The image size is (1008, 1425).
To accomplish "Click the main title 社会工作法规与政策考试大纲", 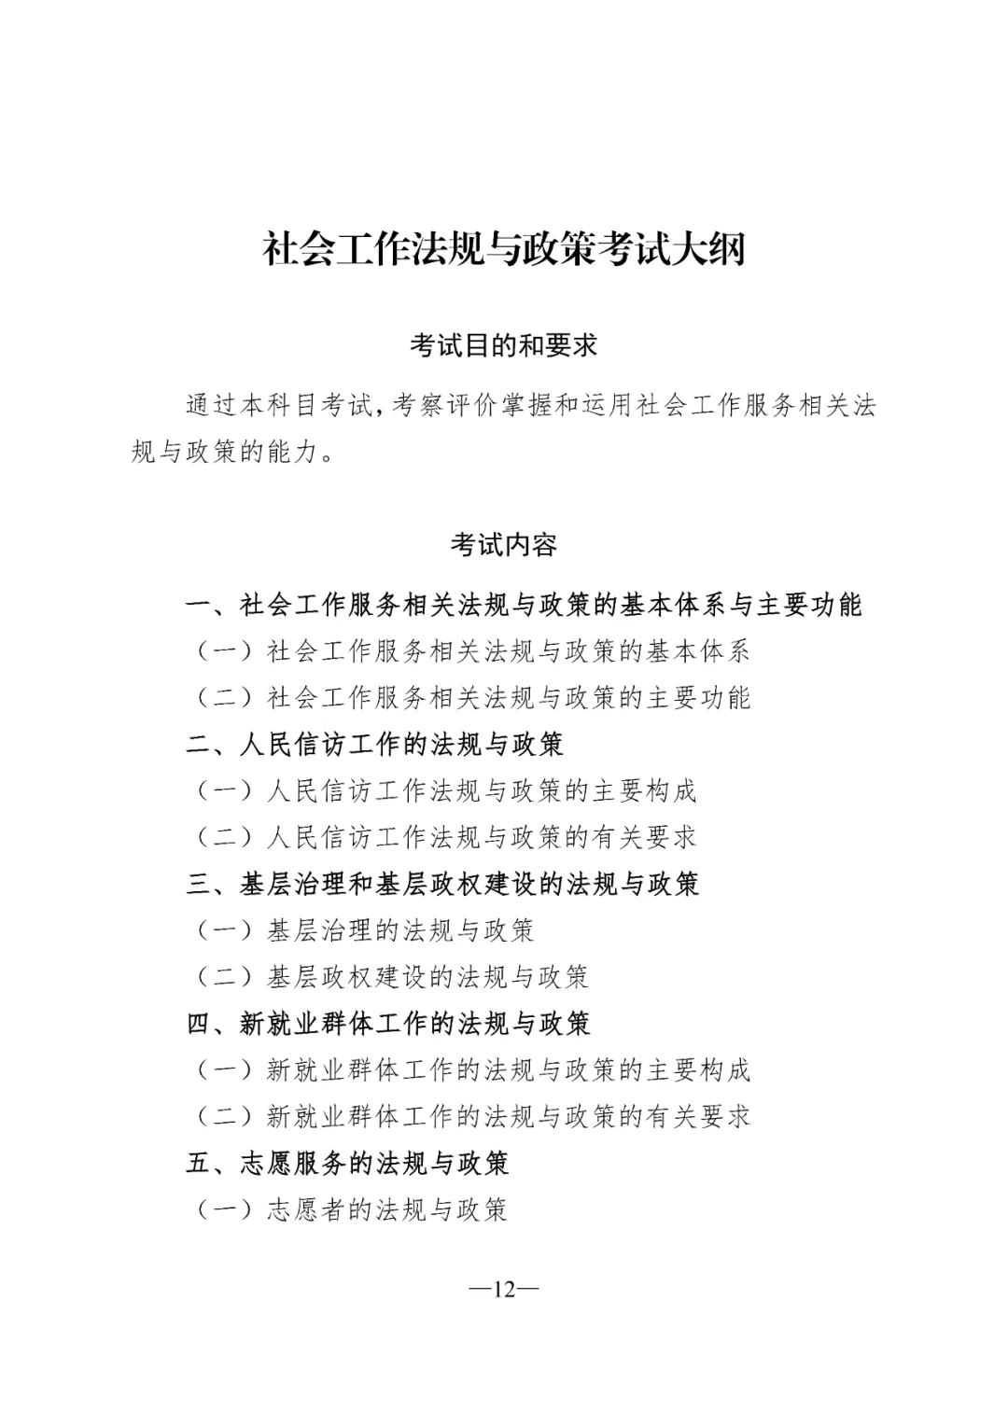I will click(x=503, y=250).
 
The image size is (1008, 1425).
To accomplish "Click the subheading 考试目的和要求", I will click(x=503, y=346).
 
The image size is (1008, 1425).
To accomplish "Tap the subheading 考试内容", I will click(x=503, y=545).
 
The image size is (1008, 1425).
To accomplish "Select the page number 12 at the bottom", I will click(x=504, y=1290).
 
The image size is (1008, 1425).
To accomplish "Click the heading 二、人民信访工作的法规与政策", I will click(x=375, y=745).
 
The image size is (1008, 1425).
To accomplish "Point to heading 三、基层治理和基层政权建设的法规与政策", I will click(x=442, y=884).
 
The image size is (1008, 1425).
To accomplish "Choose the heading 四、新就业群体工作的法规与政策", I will click(x=388, y=1024).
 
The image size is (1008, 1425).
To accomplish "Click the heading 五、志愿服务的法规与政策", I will click(x=348, y=1164).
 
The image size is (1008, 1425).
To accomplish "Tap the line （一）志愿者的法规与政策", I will click(x=351, y=1210).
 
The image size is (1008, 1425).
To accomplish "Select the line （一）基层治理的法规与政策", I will click(x=364, y=930).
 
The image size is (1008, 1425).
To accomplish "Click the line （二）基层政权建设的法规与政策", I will click(x=391, y=977).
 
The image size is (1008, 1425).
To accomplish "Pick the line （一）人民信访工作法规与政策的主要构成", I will click(x=445, y=791).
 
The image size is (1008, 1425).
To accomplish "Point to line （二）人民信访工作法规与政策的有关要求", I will click(x=445, y=838).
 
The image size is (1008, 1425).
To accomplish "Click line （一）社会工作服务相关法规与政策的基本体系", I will click(x=472, y=651).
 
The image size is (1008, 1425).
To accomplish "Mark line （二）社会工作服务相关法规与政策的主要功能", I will click(x=472, y=698).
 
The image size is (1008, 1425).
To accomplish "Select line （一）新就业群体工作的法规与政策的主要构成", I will click(x=472, y=1070).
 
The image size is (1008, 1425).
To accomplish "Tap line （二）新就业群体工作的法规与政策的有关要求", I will click(x=472, y=1117).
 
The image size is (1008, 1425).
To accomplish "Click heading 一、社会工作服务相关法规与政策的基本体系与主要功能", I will click(x=523, y=605).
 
